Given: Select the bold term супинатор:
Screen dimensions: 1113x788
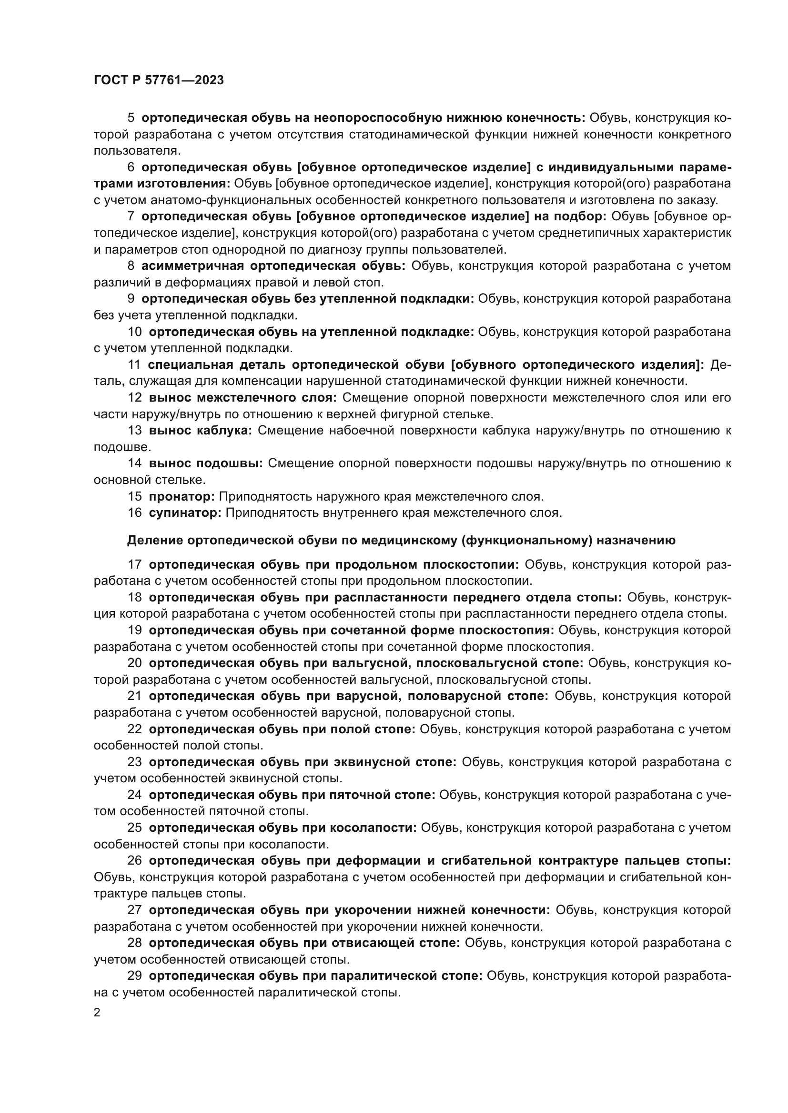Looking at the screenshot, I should (185, 513).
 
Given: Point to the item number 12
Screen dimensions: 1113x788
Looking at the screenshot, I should (135, 397).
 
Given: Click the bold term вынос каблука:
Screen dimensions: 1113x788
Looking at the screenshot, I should (201, 431).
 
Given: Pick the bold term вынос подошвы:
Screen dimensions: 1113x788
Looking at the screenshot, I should (206, 463).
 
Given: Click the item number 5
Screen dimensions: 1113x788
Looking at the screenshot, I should (131, 118).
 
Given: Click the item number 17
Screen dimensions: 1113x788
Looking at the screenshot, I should (135, 565).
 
